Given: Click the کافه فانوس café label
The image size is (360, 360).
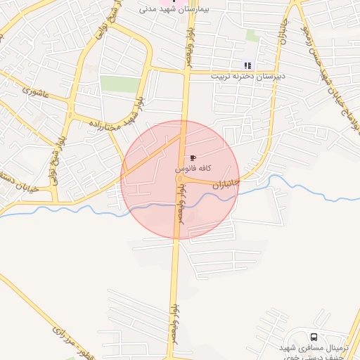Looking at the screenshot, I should click(190, 170).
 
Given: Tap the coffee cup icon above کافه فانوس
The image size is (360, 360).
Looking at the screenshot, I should click(193, 157).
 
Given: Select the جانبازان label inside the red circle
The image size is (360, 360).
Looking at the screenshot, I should click(226, 185).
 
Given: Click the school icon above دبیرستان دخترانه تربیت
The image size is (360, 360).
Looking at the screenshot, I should click(247, 65).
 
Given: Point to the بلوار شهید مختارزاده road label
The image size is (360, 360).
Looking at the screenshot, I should click(117, 112).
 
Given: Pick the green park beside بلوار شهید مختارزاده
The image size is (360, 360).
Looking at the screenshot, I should click(120, 84).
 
